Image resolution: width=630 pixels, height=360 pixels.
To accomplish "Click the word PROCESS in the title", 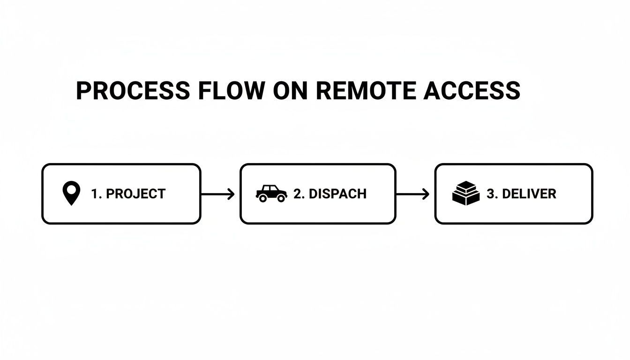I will [x=133, y=91].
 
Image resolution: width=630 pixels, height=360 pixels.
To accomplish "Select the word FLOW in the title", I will [x=231, y=91].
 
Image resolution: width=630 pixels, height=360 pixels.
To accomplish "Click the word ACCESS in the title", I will [x=472, y=91].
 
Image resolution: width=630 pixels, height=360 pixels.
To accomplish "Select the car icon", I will [x=271, y=194].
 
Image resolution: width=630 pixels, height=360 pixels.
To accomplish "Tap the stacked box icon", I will [x=466, y=194].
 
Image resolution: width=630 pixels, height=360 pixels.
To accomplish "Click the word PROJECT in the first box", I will [x=136, y=194].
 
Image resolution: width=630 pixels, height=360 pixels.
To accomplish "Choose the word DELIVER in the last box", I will [x=529, y=194].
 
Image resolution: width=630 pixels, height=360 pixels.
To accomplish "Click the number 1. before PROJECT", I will [x=97, y=194].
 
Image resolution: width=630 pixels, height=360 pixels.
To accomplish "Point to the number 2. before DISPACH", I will [x=299, y=194].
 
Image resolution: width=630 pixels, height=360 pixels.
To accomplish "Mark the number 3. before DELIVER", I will [x=492, y=194].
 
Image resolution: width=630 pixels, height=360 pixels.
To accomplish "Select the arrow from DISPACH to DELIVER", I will [x=412, y=194].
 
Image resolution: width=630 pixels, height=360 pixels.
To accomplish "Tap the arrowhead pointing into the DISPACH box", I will [x=231, y=194].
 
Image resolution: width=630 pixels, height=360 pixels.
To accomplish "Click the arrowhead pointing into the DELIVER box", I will [x=426, y=194].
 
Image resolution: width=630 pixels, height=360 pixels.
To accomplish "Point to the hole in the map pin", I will [x=71, y=190].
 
